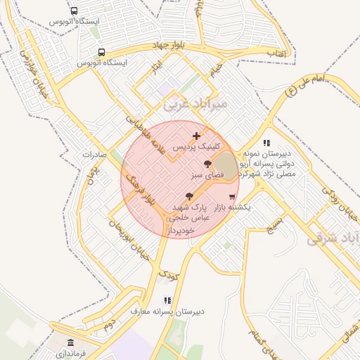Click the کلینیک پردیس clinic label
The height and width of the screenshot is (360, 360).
click(197, 148)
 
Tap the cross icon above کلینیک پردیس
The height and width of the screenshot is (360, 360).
click(196, 136)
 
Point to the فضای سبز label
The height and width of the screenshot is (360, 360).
click(208, 173)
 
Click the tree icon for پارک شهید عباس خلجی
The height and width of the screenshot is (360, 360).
click(188, 196)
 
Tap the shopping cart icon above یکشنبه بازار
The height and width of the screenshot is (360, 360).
click(232, 197)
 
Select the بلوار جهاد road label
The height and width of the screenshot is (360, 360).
click(173, 46)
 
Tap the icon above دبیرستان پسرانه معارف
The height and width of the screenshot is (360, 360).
click(167, 300)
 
